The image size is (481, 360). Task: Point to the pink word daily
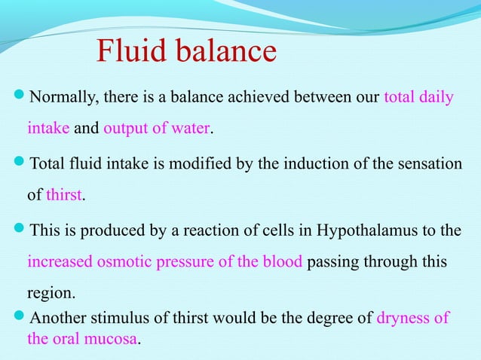pyautogui.click(x=436, y=99)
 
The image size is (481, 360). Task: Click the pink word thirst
pyautogui.click(x=63, y=196)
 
